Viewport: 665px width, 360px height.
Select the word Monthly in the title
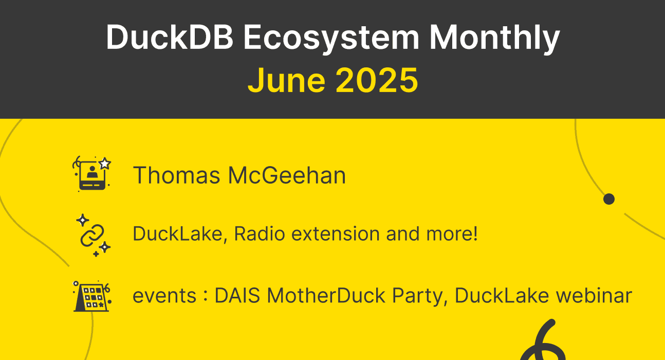tap(494, 37)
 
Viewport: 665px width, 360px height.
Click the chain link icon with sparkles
tap(93, 235)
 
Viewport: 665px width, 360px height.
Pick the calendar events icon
tap(91, 296)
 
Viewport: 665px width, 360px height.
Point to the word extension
tap(336, 235)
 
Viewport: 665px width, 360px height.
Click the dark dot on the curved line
tap(609, 199)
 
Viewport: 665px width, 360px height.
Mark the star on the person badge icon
tap(105, 164)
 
